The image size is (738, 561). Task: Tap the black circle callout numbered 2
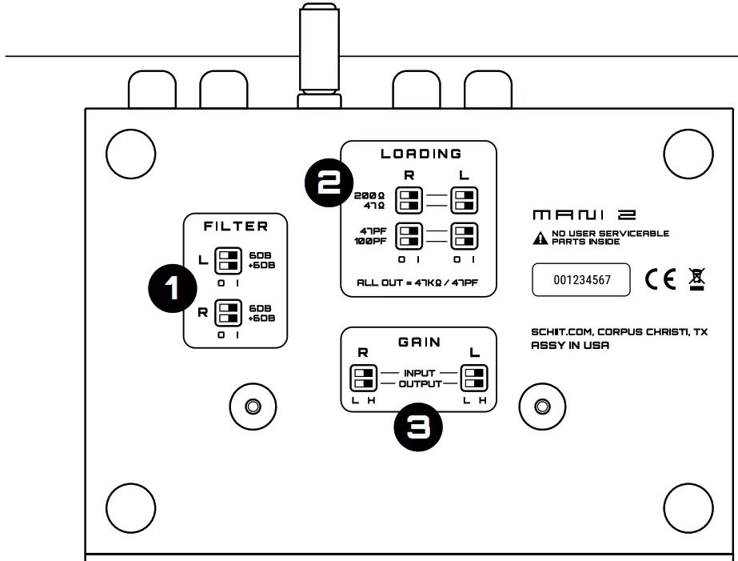click(327, 183)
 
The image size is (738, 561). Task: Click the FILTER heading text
click(235, 226)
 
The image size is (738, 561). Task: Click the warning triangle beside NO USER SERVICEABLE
click(539, 238)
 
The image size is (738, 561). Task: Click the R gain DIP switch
click(364, 377)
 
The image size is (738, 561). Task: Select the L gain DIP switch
click(475, 377)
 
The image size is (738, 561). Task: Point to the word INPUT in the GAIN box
click(419, 372)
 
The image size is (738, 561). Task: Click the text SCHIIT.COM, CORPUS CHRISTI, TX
click(619, 331)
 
